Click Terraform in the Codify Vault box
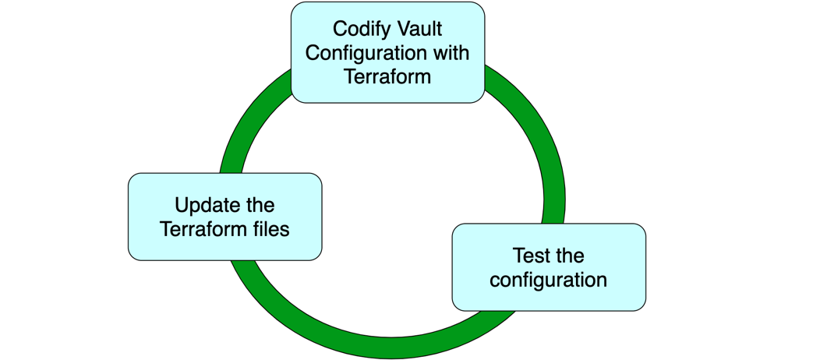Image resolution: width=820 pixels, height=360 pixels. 388,77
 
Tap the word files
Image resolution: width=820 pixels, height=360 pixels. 270,230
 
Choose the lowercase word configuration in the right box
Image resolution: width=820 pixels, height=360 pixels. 548,280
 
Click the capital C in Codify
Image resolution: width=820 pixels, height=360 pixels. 340,29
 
